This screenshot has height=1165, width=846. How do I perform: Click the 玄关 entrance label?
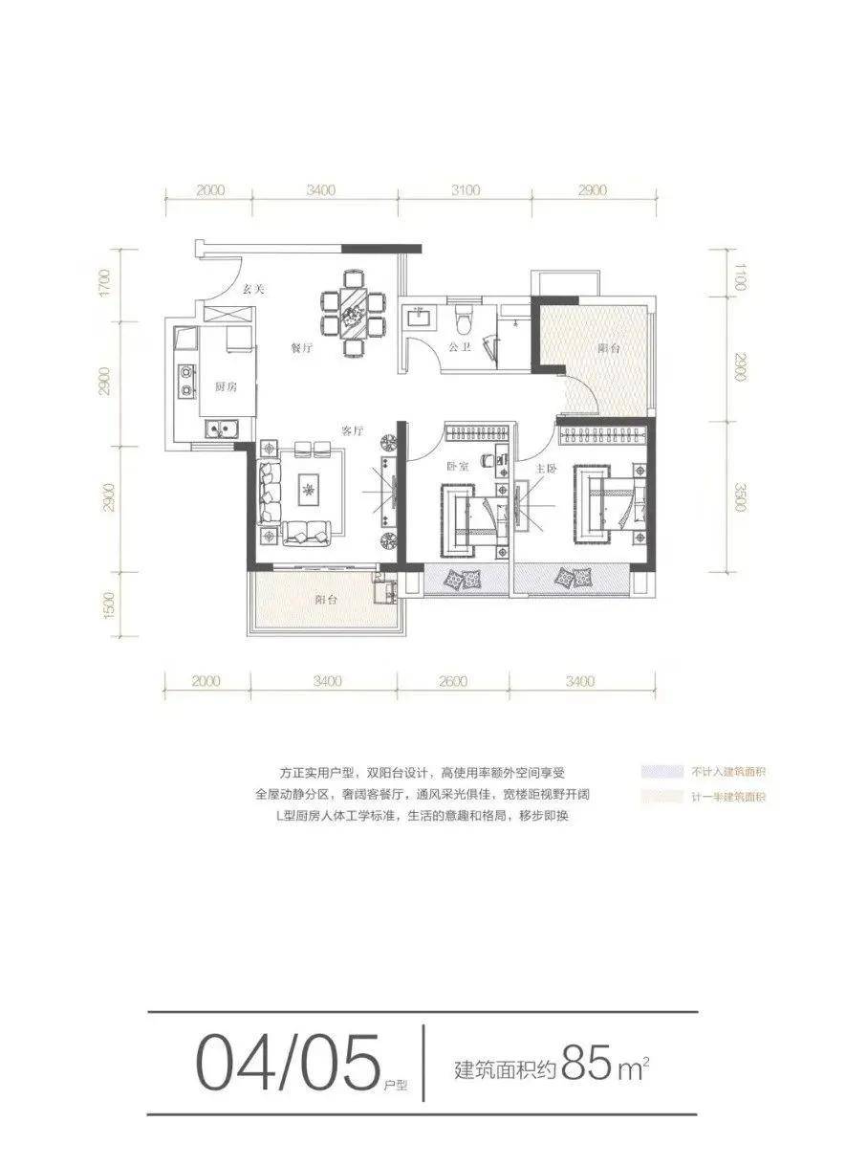point(251,288)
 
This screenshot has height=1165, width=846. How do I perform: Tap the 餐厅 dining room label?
point(302,349)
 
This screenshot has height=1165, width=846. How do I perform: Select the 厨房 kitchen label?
point(226,386)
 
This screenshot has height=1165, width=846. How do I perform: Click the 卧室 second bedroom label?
point(457,468)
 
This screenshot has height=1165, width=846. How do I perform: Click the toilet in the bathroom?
point(465,316)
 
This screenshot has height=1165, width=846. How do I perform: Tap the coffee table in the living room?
point(308,489)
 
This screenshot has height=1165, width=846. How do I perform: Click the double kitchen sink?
point(227,429)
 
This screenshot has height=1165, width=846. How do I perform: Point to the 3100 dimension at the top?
point(464,190)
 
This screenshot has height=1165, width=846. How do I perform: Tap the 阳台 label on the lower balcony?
point(326,601)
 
